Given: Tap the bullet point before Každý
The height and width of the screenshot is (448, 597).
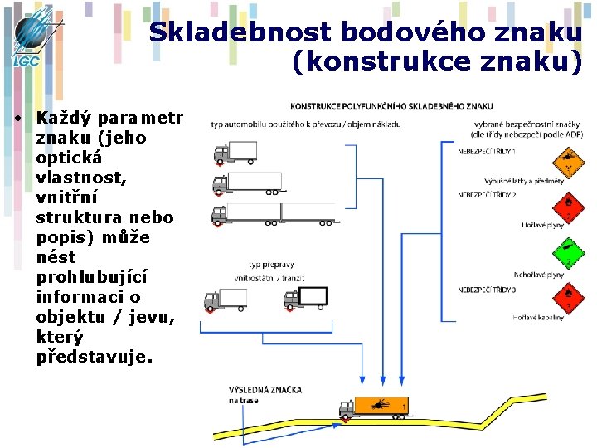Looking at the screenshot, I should (x=17, y=119).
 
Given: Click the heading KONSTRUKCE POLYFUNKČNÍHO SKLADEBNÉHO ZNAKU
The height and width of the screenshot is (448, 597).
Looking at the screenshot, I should (x=391, y=106).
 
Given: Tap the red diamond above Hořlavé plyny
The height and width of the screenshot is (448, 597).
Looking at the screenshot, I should (x=568, y=202).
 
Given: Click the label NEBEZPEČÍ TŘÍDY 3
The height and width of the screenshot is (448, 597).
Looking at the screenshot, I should (x=487, y=290).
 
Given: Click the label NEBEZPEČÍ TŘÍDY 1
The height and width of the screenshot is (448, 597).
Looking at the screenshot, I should (x=487, y=152).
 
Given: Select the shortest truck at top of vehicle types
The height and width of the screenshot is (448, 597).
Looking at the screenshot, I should (x=235, y=153).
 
